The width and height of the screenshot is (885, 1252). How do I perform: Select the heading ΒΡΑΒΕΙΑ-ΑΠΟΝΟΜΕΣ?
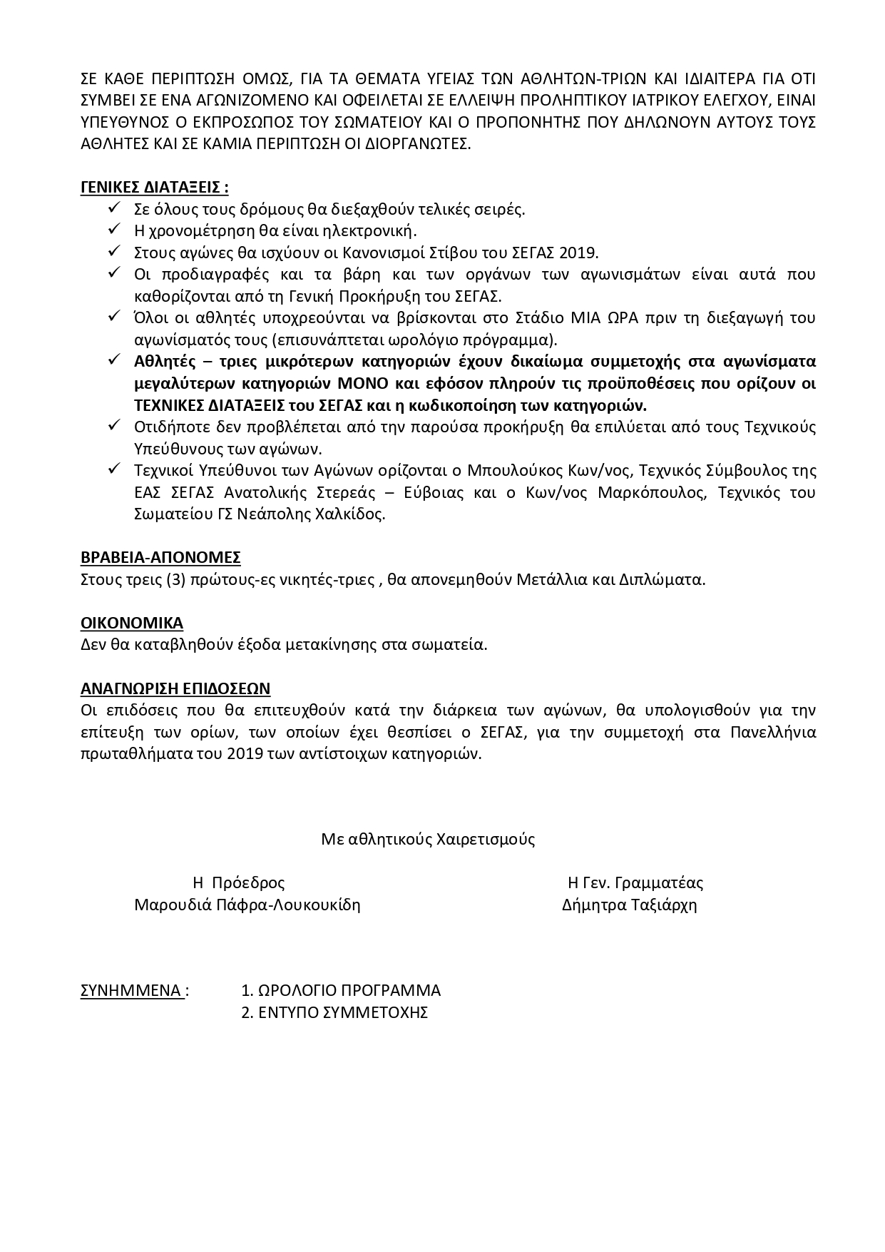160,557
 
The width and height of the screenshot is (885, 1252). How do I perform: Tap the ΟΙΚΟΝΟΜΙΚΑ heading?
132,623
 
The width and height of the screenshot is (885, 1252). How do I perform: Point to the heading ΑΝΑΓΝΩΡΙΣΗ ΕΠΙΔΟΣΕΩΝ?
175,688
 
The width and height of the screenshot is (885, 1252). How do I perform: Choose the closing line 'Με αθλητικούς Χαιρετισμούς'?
428,839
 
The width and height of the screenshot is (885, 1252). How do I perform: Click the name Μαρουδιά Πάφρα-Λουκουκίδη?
247,905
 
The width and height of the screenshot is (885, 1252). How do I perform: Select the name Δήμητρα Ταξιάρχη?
629,905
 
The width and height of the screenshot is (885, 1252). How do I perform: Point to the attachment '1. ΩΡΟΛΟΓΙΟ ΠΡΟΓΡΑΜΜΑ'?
341,990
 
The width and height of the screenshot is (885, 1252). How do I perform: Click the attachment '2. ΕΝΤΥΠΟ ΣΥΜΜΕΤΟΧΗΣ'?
334,1012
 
